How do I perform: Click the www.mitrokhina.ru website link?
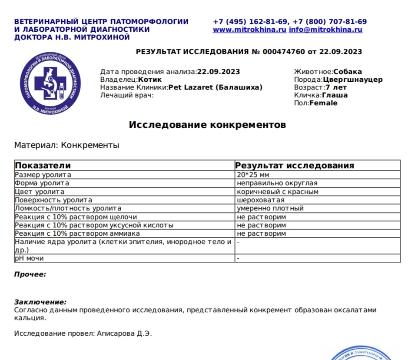pyautogui.click(x=249, y=30)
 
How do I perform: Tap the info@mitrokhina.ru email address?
pyautogui.click(x=325, y=30)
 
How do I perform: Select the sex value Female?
pyautogui.click(x=323, y=103)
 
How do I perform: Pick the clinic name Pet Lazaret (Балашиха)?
pyautogui.click(x=216, y=87)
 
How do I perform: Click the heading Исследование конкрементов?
pyautogui.click(x=207, y=125)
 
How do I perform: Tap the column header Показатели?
pyautogui.click(x=43, y=166)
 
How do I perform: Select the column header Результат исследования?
pyautogui.click(x=295, y=166)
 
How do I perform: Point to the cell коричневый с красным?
pyautogui.click(x=278, y=192)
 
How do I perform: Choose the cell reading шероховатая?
pyautogui.click(x=261, y=200)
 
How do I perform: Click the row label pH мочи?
pyautogui.click(x=29, y=258)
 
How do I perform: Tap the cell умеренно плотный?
pyautogui.click(x=270, y=208)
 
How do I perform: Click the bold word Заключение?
pyautogui.click(x=40, y=302)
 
